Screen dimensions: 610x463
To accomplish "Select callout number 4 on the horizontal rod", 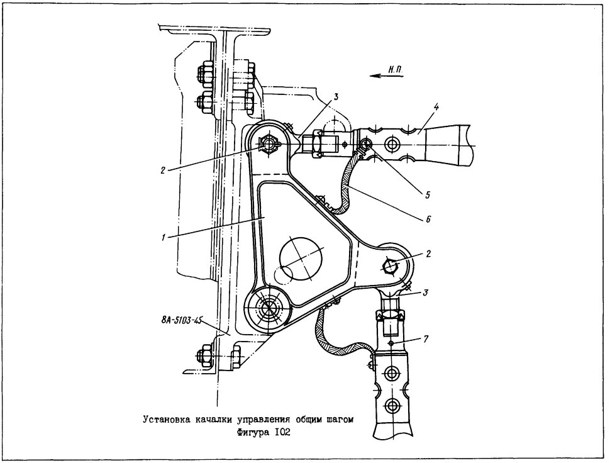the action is tap(437, 107).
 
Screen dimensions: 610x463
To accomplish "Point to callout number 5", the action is tap(428, 194).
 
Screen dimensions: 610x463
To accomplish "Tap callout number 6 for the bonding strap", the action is tap(428, 219).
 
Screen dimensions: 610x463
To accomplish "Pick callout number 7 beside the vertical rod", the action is tap(426, 339).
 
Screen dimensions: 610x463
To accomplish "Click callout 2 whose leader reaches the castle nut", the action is tap(163, 170).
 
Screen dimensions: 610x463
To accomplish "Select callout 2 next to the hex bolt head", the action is tap(428, 254).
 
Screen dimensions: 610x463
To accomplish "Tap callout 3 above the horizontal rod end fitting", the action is tap(335, 96).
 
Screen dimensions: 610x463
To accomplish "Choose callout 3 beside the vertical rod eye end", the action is tap(426, 293).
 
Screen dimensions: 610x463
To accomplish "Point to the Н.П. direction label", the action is tap(396, 70).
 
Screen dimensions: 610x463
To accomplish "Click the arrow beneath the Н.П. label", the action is tap(387, 76).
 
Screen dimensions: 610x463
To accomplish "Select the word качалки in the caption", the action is tap(212, 420).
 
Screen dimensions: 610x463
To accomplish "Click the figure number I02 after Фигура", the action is tap(283, 432).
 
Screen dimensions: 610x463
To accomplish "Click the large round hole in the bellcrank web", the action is tap(301, 258).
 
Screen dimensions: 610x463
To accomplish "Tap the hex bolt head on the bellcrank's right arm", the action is tap(391, 265).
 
